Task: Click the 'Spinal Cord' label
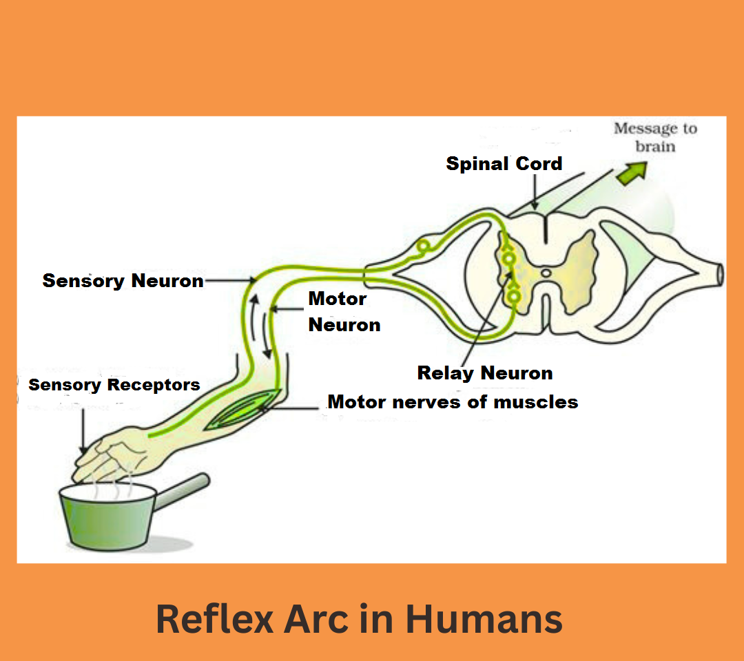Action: tap(504, 164)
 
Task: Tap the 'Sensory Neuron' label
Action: tap(123, 281)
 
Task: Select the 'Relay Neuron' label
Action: tap(485, 373)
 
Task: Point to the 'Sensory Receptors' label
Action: tap(114, 385)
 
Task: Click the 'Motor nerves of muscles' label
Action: tap(453, 402)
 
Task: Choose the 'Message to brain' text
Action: tap(655, 137)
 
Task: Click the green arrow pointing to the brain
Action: tap(632, 173)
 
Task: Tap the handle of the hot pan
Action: tap(182, 492)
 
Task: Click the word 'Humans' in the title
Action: tap(484, 619)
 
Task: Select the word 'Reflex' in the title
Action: tap(215, 619)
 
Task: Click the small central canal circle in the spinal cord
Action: tap(546, 273)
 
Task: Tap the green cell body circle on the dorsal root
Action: tap(423, 246)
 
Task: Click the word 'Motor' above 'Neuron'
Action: tap(338, 299)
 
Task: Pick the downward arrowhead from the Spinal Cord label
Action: tap(535, 206)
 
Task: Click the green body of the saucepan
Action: tap(107, 518)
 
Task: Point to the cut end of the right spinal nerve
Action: tap(720, 275)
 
